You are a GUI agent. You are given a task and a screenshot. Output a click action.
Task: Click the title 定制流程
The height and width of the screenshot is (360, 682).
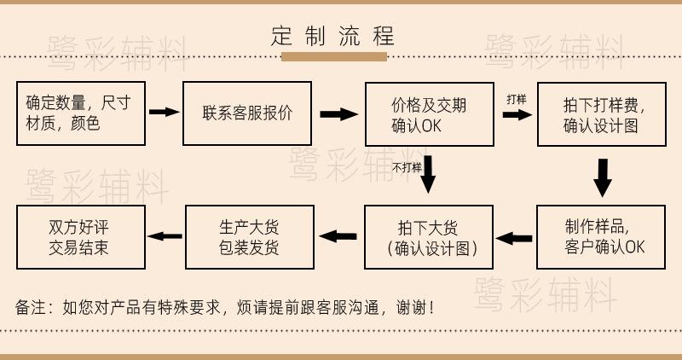(333, 37)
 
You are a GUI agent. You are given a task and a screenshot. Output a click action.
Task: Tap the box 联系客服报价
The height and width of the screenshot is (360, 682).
(247, 113)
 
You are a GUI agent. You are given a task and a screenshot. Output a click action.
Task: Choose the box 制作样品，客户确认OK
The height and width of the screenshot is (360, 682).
(602, 237)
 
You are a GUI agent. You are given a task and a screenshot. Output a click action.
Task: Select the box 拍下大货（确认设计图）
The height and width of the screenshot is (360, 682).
(429, 237)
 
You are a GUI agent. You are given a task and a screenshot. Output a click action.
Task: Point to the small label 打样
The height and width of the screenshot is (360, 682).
(516, 100)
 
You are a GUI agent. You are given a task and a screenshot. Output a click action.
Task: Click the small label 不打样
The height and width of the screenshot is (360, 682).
(407, 167)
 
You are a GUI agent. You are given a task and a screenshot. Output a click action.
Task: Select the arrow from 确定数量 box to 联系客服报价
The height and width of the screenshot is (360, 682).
(164, 112)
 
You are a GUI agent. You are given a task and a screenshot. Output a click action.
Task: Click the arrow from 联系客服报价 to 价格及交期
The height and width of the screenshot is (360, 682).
(338, 114)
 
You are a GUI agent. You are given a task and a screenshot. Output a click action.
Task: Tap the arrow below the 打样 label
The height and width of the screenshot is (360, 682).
(517, 114)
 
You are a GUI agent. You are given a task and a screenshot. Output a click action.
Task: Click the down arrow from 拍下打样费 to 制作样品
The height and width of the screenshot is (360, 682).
(603, 177)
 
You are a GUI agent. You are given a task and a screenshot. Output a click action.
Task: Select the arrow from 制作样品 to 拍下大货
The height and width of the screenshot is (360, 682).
(514, 239)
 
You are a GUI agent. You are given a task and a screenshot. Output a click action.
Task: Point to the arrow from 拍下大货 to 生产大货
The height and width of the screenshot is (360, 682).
(338, 236)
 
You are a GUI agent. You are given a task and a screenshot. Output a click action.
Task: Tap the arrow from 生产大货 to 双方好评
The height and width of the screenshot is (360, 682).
(165, 236)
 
